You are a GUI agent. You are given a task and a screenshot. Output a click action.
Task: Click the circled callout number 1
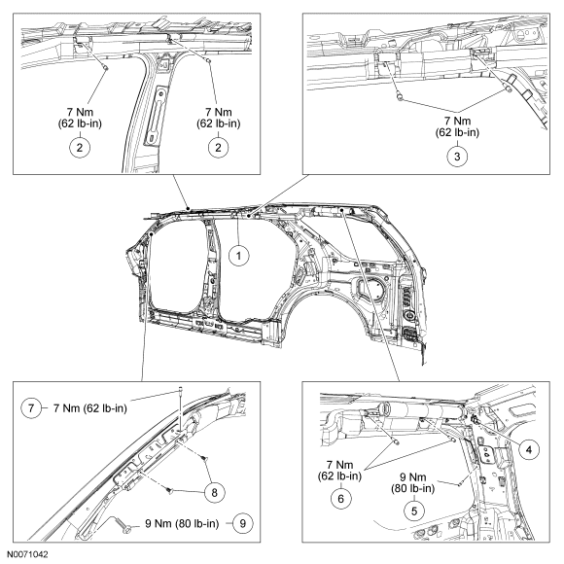tap(239, 256)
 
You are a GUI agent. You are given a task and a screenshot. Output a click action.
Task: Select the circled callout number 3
tap(457, 157)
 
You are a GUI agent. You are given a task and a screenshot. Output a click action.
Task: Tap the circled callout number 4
tap(529, 449)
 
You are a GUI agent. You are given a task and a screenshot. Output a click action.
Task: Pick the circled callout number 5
tap(414, 511)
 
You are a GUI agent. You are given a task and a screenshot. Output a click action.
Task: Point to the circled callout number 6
tap(340, 499)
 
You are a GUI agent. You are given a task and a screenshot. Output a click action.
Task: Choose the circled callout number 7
tap(31, 408)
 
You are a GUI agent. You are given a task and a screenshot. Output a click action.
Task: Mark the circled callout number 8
tap(214, 492)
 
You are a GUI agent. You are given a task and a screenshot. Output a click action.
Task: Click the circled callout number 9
tap(243, 523)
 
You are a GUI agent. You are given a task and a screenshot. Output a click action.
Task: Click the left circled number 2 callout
tap(80, 147)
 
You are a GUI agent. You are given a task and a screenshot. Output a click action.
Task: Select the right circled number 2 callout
tap(218, 147)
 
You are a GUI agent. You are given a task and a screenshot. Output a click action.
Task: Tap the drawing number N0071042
tap(27, 554)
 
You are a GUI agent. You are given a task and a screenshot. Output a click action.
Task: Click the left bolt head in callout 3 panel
tap(400, 96)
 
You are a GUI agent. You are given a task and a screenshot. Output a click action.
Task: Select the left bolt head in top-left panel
tap(106, 67)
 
